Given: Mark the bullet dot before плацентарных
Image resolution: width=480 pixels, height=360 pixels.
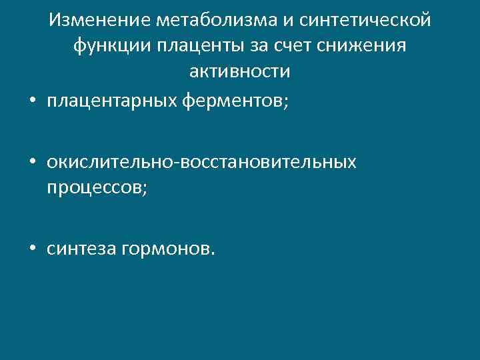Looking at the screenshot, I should pyautogui.click(x=32, y=101).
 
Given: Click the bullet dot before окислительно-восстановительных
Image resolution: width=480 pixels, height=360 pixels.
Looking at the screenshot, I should pyautogui.click(x=32, y=163).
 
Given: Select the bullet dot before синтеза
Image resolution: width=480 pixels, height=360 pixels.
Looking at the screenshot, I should pyautogui.click(x=32, y=249).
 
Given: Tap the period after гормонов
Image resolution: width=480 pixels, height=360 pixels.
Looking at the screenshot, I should pyautogui.click(x=213, y=253).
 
